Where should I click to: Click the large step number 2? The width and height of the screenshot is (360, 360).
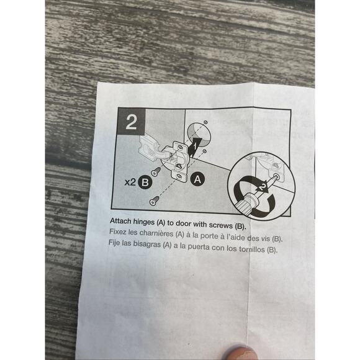[x=132, y=122]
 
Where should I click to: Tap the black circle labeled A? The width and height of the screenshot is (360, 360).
[x=197, y=179]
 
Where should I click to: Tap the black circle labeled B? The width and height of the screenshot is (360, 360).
[x=145, y=182]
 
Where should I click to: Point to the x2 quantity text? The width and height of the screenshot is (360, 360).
[x=130, y=182]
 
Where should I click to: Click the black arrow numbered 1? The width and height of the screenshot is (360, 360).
[x=194, y=146]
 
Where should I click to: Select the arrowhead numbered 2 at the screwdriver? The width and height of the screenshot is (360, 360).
[x=263, y=187]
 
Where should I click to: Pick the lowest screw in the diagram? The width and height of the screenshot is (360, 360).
[x=154, y=200]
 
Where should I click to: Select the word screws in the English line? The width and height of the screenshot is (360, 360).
[x=220, y=225]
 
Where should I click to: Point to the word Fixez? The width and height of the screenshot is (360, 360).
[x=117, y=232]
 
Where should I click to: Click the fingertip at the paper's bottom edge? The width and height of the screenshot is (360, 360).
[x=240, y=353]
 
